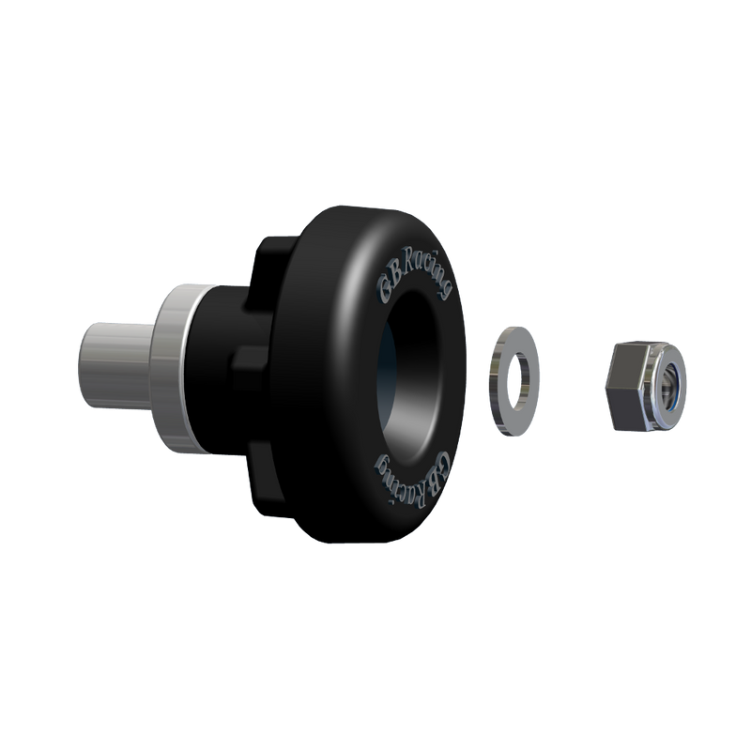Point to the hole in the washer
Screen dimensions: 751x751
coord(516,380)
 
